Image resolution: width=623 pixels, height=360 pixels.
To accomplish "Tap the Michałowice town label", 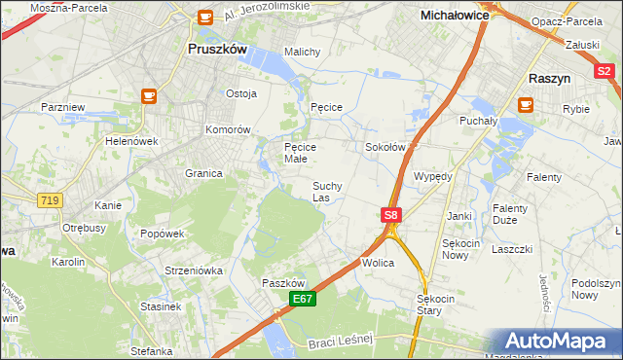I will click(454, 16).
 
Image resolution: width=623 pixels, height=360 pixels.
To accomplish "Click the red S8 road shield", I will click(390, 215).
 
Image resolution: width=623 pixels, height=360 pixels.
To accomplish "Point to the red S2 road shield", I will click(604, 70).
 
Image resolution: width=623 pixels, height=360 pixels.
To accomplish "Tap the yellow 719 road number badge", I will click(49, 199).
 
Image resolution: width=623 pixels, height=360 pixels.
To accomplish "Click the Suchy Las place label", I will click(326, 191).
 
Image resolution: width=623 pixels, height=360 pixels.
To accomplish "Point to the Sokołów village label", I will click(384, 147).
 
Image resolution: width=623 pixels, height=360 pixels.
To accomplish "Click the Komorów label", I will click(229, 129).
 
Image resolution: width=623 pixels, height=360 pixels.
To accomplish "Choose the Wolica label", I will click(378, 263).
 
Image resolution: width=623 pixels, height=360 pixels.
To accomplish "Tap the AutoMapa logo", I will click(560, 342).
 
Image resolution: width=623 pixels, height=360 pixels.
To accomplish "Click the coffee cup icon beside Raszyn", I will click(527, 103).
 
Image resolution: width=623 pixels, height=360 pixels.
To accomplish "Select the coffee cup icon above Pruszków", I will click(204, 17).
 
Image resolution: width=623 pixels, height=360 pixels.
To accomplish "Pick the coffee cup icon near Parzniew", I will click(149, 95).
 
